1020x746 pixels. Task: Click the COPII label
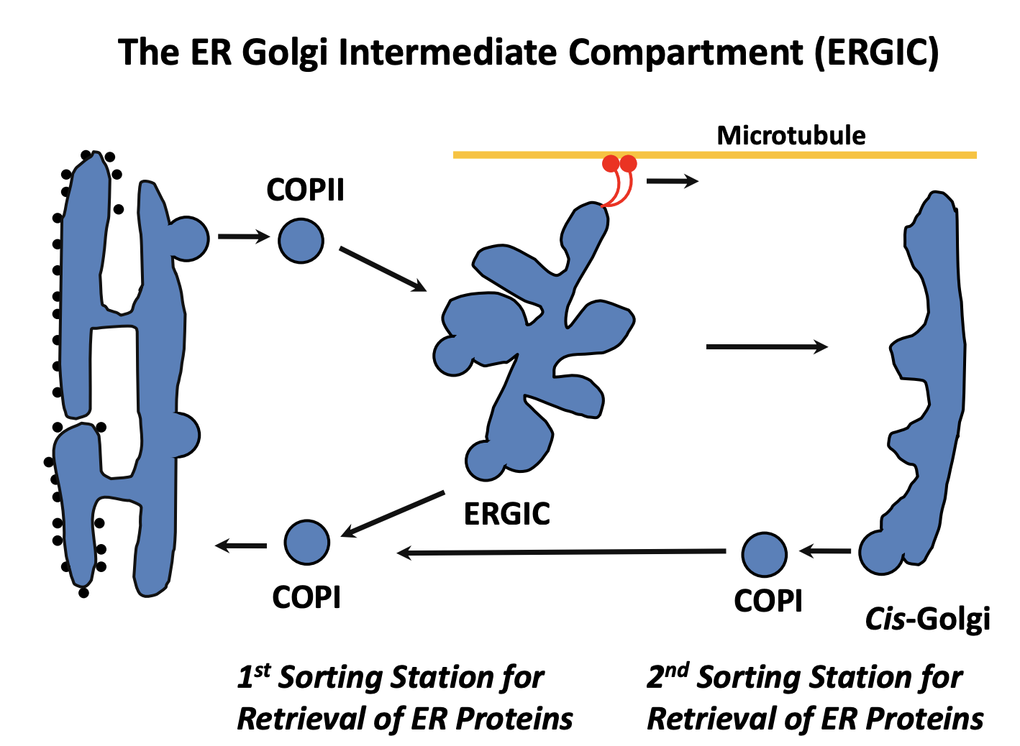pos(305,190)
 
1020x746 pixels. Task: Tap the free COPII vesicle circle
pos(301,241)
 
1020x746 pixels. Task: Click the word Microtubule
pos(791,136)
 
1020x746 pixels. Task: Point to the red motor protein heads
pos(619,164)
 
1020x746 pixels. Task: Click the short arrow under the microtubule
pos(672,180)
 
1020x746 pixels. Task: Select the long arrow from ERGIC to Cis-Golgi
pos(766,347)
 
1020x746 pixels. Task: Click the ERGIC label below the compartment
pos(507,514)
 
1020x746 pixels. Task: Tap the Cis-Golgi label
pos(927,619)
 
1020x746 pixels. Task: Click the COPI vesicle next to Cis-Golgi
pos(764,554)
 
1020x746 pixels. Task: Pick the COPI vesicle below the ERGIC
pos(306,543)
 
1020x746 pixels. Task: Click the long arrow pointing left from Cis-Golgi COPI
pos(561,552)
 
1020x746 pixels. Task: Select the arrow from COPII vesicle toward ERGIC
pos(383,270)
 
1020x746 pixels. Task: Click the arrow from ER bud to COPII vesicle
pos(243,236)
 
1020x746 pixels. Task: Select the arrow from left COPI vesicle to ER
pos(241,545)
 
